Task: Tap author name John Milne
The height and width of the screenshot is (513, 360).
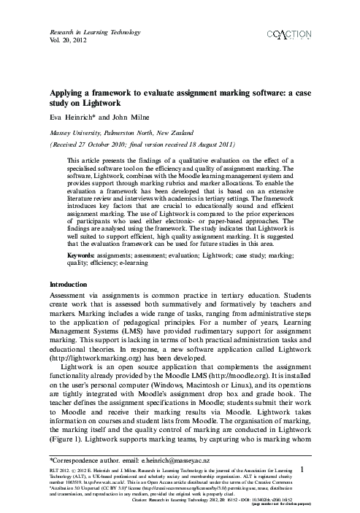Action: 130,117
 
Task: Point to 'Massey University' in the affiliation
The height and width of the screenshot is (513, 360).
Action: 77,133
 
